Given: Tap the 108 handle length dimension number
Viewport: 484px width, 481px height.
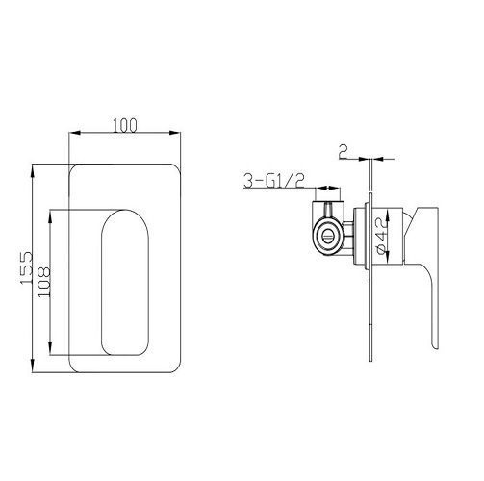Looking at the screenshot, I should click(x=43, y=284).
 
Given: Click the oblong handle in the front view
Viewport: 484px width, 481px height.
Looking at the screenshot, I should click(x=124, y=283).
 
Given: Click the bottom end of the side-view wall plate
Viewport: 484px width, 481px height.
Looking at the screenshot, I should click(x=370, y=362).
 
